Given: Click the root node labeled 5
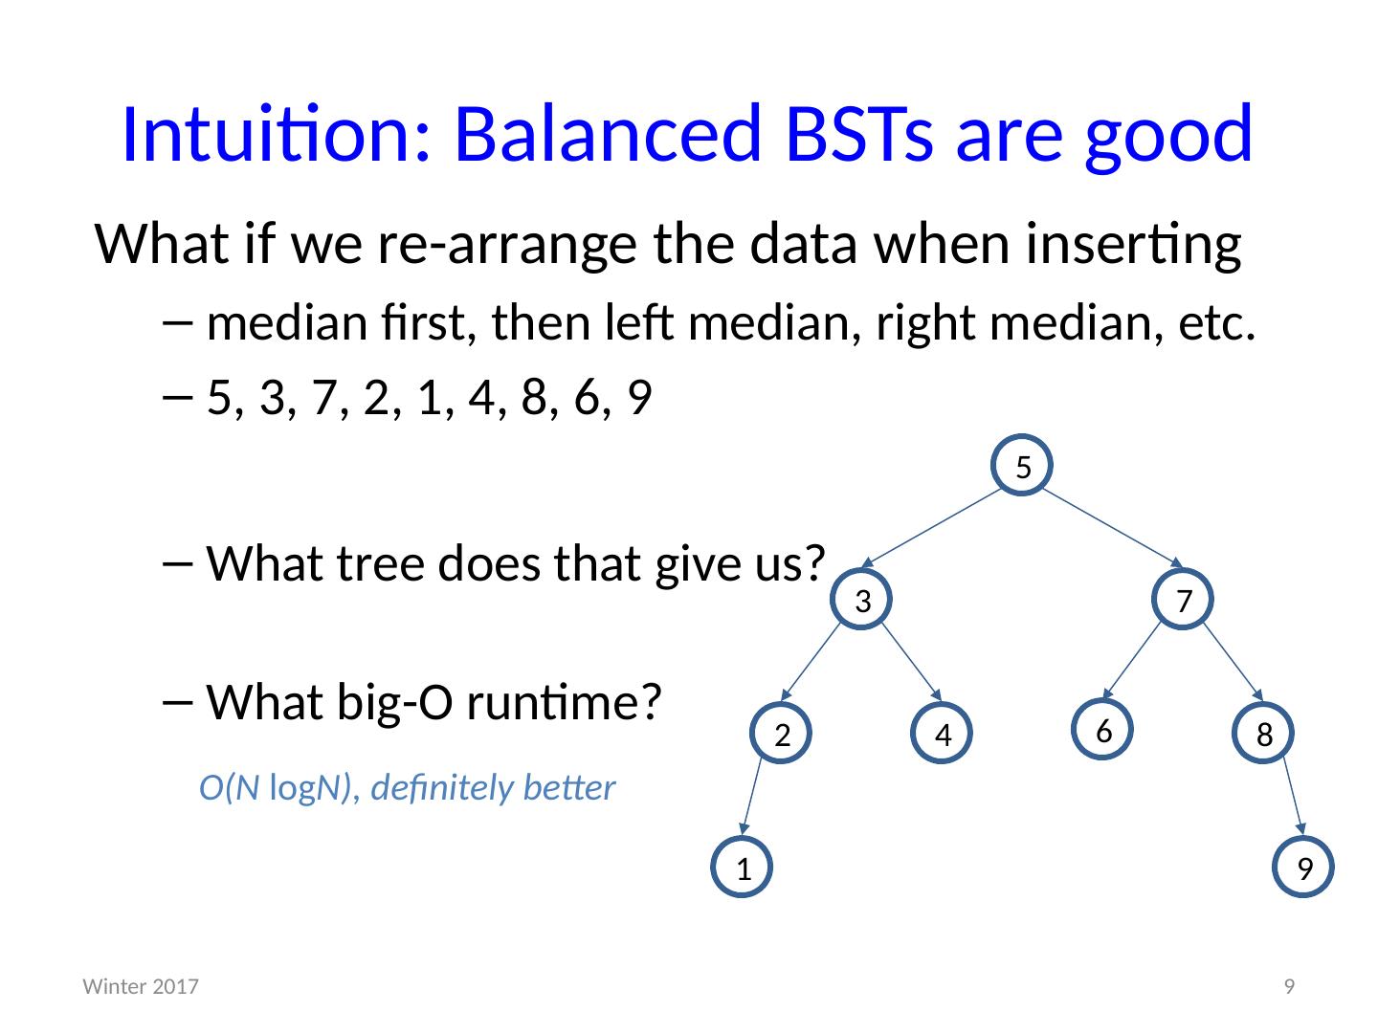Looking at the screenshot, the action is pos(1021,465).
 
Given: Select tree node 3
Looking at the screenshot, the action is pos(861,599).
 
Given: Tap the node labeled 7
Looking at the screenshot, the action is pos(1183,599).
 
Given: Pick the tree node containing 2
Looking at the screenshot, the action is pos(781,733).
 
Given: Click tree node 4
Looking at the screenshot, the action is pos(942,733).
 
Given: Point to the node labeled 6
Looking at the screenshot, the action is pos(1102,730).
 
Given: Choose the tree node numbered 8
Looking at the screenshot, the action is pos(1263,733).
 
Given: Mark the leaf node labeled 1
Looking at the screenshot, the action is pos(742,867).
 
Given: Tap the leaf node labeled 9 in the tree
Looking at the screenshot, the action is pos(1303,867).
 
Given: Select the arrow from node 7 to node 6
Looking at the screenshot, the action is pos(1131,660).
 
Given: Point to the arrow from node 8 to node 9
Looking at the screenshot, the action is pos(1293,797).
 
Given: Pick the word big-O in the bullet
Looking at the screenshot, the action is pos(395,701).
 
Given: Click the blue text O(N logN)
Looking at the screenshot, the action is pos(275,788).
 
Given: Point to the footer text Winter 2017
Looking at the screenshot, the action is pos(141,986).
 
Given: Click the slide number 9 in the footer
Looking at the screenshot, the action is pos(1289,986).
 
